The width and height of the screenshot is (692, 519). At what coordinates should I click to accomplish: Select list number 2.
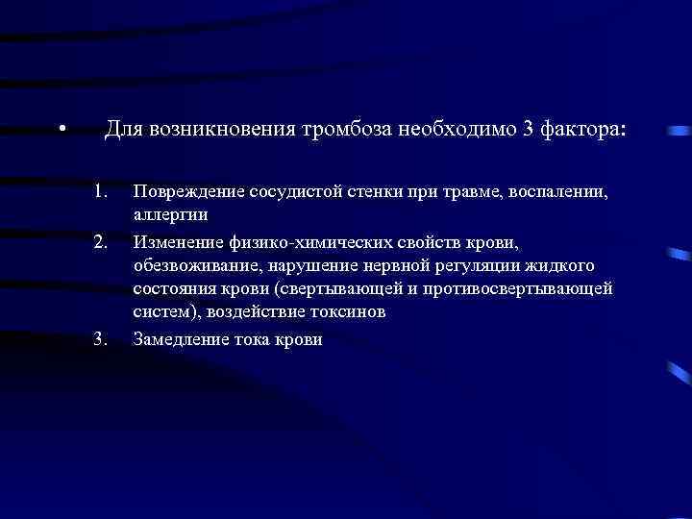point(101,236)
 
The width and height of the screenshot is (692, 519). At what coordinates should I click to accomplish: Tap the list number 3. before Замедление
point(101,338)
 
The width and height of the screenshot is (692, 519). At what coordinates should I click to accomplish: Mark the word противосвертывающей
point(533,287)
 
